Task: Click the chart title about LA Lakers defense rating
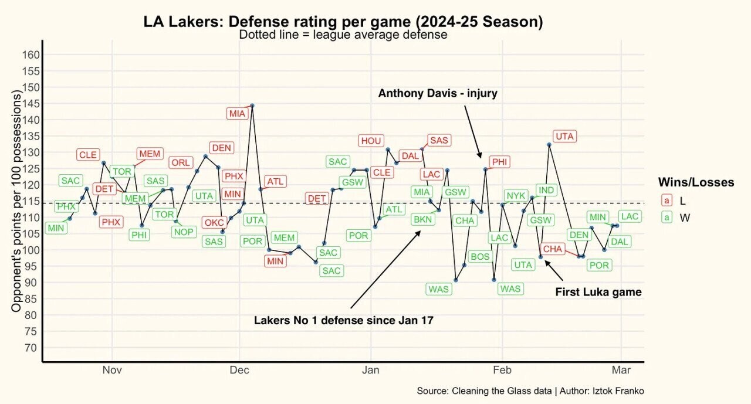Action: pyautogui.click(x=343, y=22)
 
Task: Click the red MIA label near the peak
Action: pyautogui.click(x=238, y=114)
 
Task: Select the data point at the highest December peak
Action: pyautogui.click(x=252, y=106)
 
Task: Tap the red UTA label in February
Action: pyautogui.click(x=564, y=136)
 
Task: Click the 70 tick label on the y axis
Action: pyautogui.click(x=33, y=348)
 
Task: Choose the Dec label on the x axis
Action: pyautogui.click(x=239, y=370)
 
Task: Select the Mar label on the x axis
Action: pyautogui.click(x=621, y=370)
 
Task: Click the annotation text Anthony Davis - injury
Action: pyautogui.click(x=438, y=93)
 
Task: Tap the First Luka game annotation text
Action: pyautogui.click(x=598, y=292)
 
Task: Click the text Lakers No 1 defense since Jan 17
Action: pyautogui.click(x=343, y=321)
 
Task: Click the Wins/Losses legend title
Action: pyautogui.click(x=696, y=182)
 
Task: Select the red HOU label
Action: pyautogui.click(x=371, y=141)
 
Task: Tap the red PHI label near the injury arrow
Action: pyautogui.click(x=500, y=162)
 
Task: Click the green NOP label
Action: pyautogui.click(x=184, y=232)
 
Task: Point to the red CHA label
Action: pyautogui.click(x=553, y=249)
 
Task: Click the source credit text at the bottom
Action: pyautogui.click(x=530, y=391)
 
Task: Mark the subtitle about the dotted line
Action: pyautogui.click(x=343, y=35)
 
